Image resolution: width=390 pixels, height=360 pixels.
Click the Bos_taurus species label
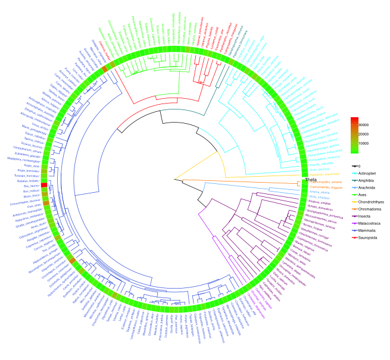coord(31,186)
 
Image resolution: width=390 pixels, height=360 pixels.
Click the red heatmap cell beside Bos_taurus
coord(43,185)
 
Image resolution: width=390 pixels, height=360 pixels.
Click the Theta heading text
coord(311,180)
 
